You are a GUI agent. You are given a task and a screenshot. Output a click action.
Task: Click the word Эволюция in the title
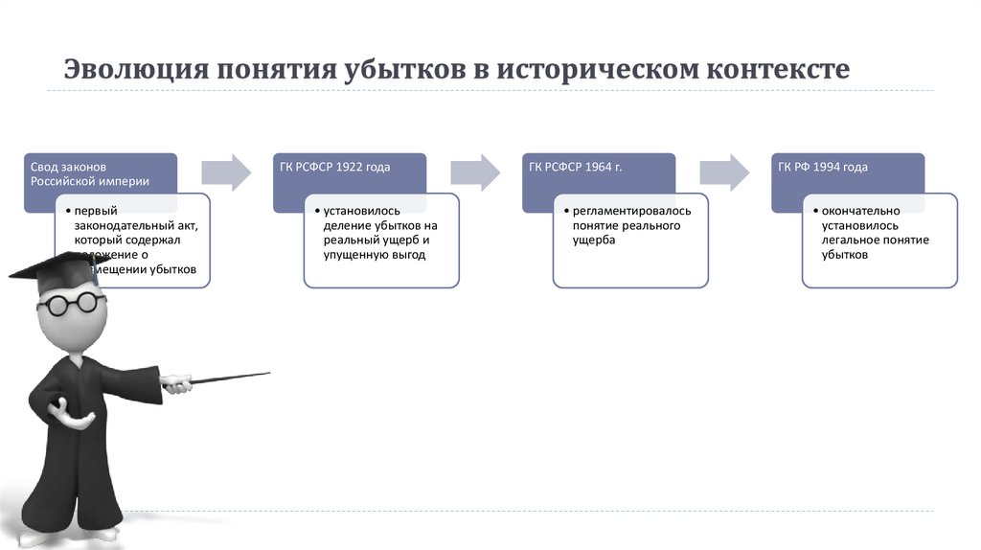click(x=134, y=70)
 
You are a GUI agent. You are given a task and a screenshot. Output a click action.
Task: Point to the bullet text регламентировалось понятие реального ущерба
click(x=629, y=225)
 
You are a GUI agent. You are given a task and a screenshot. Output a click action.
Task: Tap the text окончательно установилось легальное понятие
click(x=876, y=233)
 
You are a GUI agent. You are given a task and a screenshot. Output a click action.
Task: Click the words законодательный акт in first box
click(x=140, y=225)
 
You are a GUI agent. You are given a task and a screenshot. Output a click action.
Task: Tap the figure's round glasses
click(x=72, y=304)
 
